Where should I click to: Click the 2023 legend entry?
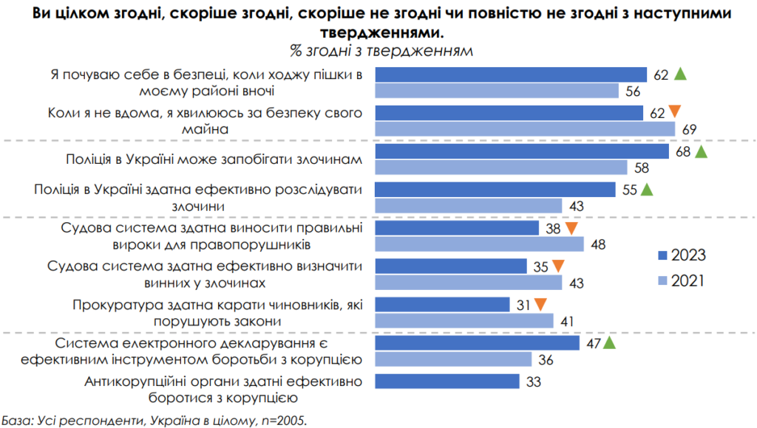[x=680, y=255]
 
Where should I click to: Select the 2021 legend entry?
[x=680, y=280]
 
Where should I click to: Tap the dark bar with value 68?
[x=520, y=151]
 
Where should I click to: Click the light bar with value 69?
[x=525, y=129]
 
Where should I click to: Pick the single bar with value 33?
[x=448, y=381]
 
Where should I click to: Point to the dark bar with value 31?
[x=443, y=304]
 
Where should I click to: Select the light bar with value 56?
[x=497, y=91]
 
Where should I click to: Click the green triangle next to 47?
[x=609, y=342]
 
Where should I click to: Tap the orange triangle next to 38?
[x=571, y=229]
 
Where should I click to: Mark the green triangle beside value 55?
[x=647, y=190]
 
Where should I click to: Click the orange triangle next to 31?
[x=540, y=304]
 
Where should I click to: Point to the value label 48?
[x=600, y=244]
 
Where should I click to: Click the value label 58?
[x=642, y=168]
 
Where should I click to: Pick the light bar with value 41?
[x=464, y=321]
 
